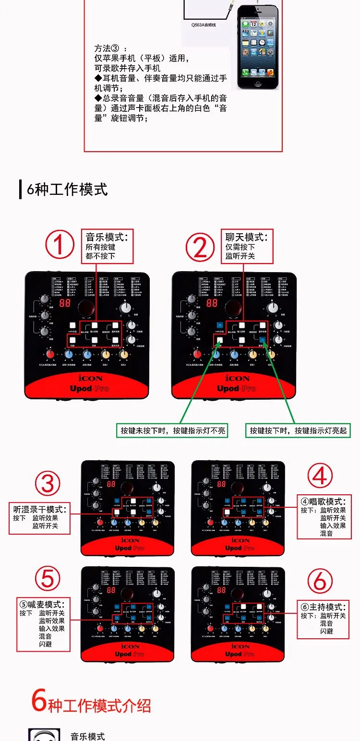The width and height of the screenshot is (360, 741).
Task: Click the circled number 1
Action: pyautogui.click(x=60, y=245)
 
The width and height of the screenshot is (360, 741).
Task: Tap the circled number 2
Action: pyautogui.click(x=200, y=247)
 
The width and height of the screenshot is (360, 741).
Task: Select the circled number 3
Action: pyautogui.click(x=48, y=483)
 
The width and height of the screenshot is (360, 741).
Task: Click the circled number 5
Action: pyautogui.click(x=48, y=579)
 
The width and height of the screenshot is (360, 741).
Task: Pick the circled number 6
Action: pyautogui.click(x=320, y=581)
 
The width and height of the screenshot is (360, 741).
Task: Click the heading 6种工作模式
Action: pyautogui.click(x=67, y=189)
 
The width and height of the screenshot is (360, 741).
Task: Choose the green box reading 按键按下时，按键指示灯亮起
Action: pyautogui.click(x=298, y=430)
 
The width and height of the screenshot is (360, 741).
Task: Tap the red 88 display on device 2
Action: pyautogui.click(x=212, y=303)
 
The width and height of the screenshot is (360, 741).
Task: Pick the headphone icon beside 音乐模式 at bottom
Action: pyautogui.click(x=44, y=735)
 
